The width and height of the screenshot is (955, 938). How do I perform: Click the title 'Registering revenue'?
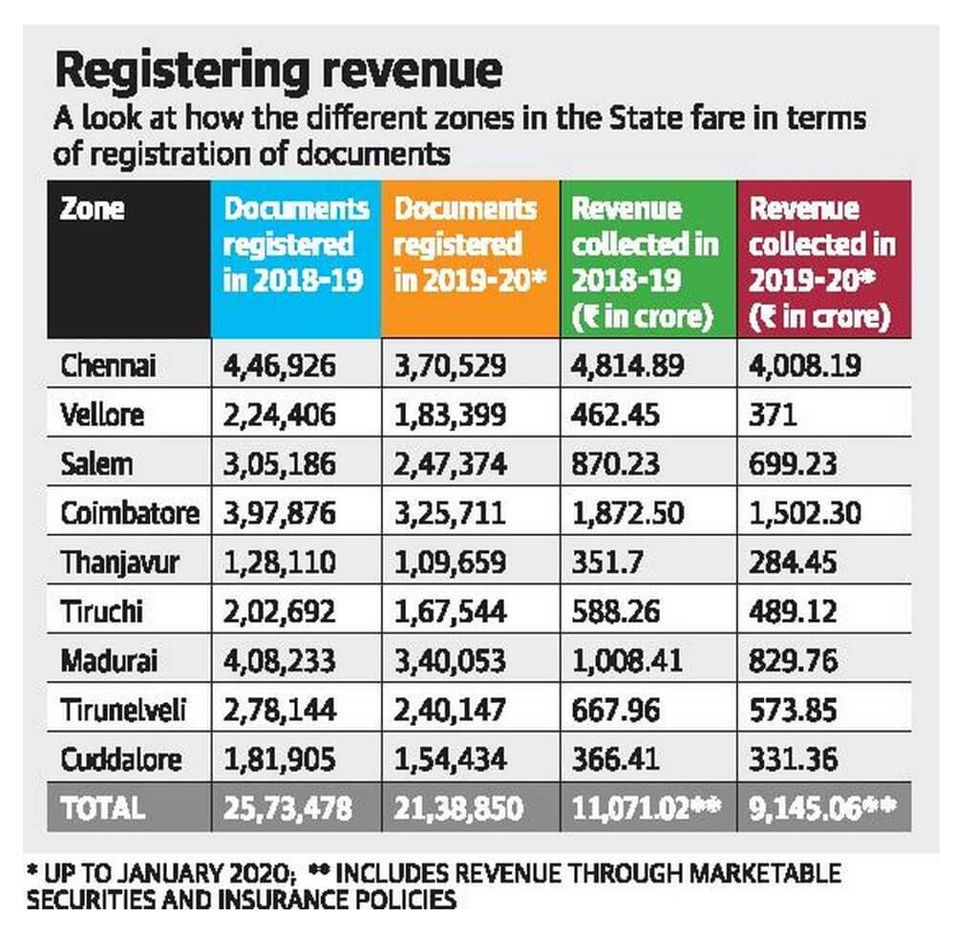tap(278, 72)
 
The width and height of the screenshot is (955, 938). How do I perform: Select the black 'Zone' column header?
tap(93, 208)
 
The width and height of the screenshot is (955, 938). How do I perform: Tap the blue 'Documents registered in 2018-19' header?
tap(295, 245)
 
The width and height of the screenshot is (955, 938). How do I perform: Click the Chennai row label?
tap(108, 365)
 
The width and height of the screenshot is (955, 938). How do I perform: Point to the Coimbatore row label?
tap(130, 513)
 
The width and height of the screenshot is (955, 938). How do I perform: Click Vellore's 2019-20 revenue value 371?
tap(772, 415)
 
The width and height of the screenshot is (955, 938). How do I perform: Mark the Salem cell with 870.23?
tap(616, 464)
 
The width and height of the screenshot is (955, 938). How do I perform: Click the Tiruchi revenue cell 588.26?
tap(616, 611)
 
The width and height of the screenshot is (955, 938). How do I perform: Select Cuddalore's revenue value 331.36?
tap(794, 759)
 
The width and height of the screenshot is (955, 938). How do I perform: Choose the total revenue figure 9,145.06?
tap(808, 809)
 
